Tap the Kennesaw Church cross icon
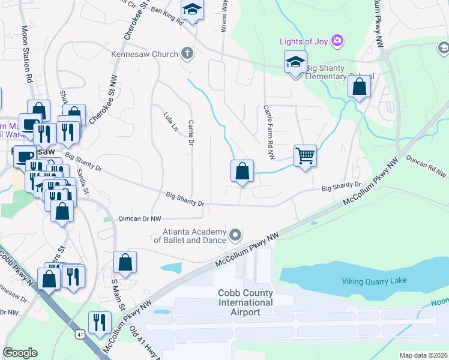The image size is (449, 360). (187, 54)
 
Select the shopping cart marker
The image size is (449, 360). (306, 156)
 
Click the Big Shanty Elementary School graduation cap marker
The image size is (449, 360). (295, 62)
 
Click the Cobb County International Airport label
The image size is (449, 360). (246, 302)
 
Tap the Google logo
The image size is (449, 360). (20, 353)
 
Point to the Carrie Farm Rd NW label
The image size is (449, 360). (268, 132)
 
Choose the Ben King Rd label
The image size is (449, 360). (166, 16)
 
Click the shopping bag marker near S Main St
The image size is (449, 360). (125, 262)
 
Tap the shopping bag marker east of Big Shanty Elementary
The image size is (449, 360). (358, 87)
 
